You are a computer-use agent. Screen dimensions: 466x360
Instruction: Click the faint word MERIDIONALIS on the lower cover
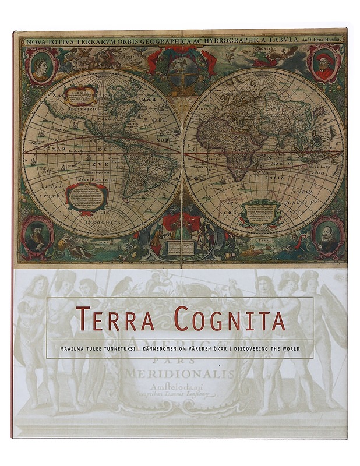coord(180,373)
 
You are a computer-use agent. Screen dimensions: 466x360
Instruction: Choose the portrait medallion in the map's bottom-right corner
coord(327,235)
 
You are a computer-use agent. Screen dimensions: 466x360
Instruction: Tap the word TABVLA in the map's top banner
coord(285,40)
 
